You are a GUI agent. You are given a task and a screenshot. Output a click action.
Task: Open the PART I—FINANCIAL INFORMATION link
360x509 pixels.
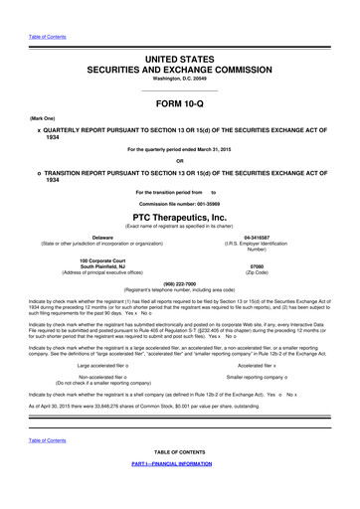coord(179,491)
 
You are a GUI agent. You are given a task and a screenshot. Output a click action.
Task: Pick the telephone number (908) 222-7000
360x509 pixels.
coord(179,282)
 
